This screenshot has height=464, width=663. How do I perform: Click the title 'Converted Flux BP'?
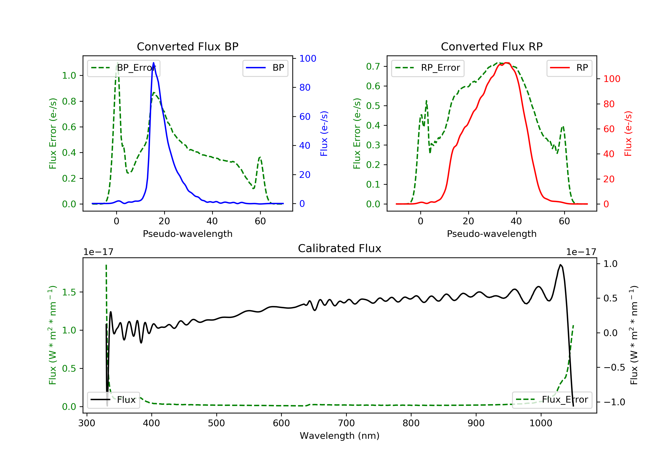tap(187, 46)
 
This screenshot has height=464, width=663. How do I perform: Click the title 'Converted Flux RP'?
tap(492, 46)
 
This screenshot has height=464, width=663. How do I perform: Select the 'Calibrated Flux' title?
tap(340, 248)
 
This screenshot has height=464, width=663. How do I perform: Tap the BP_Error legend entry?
tap(124, 68)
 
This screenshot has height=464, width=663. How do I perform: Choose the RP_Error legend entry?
tap(428, 68)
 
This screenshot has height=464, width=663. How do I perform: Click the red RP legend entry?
tap(569, 68)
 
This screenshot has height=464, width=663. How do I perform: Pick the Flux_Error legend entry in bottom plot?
tap(552, 400)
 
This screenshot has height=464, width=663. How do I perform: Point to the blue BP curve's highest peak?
tap(153, 63)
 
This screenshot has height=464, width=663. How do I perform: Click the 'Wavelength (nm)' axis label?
tap(340, 436)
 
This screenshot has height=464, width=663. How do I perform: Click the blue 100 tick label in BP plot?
tap(308, 59)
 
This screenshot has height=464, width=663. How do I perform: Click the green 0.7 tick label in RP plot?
tap(373, 67)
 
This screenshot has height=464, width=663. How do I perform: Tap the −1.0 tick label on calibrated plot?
tap(614, 402)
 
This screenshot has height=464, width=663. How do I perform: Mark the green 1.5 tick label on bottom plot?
tap(69, 292)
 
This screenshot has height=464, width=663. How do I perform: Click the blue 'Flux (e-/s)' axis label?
tap(324, 134)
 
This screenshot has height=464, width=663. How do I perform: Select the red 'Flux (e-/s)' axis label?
tap(628, 134)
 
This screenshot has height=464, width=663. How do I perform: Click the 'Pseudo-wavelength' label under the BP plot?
tap(188, 234)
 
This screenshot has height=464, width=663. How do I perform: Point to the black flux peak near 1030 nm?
tap(560, 265)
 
